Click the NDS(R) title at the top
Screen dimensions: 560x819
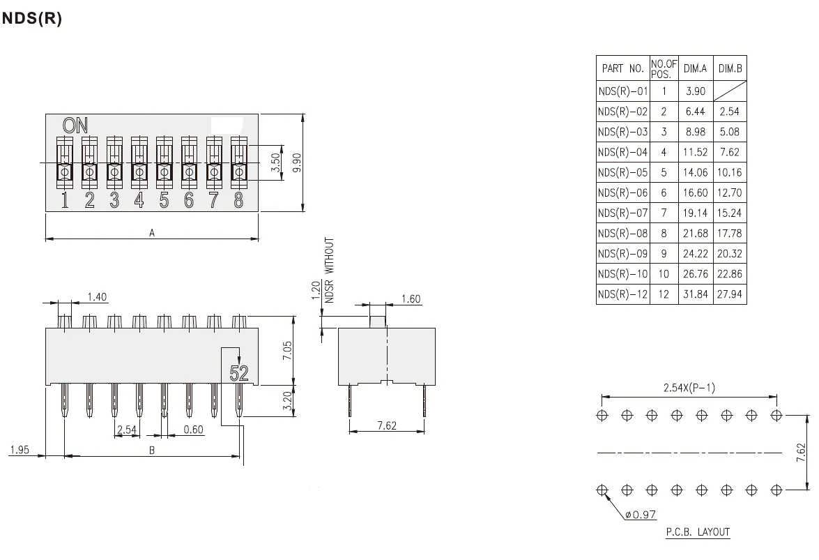tap(32, 20)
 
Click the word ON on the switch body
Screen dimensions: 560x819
tap(75, 126)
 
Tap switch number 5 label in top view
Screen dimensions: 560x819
tap(164, 201)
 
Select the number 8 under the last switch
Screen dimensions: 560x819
tap(238, 201)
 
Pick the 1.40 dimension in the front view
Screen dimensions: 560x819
tap(97, 298)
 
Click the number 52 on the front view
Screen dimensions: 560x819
tap(239, 373)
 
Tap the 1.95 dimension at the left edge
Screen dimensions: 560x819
tap(19, 451)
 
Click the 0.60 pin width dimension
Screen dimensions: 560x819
tap(193, 430)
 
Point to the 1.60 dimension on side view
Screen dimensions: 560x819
tap(411, 299)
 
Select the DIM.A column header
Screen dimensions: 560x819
tap(695, 68)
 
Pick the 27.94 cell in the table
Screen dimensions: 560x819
tap(729, 294)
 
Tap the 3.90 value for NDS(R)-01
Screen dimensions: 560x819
tap(695, 91)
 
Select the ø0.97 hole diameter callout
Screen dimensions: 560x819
tap(640, 515)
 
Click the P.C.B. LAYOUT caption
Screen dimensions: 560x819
tap(697, 532)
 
